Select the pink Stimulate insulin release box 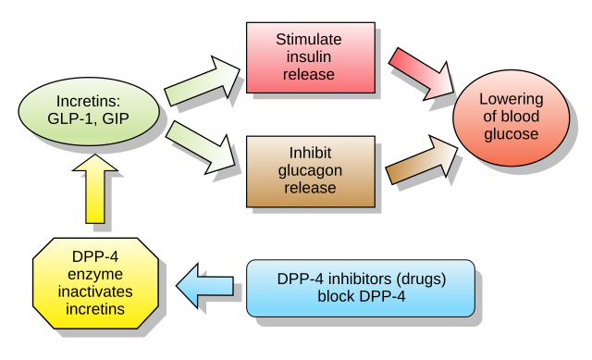(x=310, y=57)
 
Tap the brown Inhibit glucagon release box (x=310, y=170)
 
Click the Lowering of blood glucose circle (x=511, y=117)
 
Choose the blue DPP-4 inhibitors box (x=361, y=288)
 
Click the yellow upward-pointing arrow (x=94, y=189)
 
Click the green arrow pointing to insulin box (x=202, y=79)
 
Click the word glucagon (x=310, y=170)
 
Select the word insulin (x=310, y=57)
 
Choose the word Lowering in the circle (x=511, y=99)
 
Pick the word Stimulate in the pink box (x=310, y=40)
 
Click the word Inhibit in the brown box (x=310, y=153)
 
